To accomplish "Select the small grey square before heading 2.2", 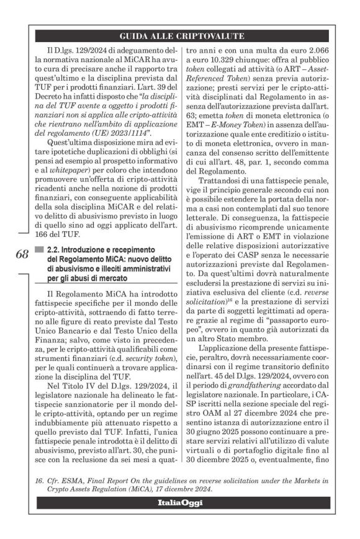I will pos(40,249).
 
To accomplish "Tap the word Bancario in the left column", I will pos(83,321).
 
